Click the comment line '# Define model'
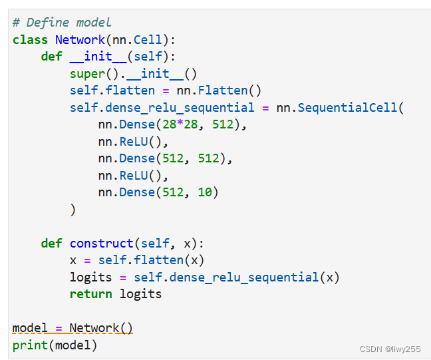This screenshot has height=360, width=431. pyautogui.click(x=62, y=23)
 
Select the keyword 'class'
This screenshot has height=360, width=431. pyautogui.click(x=30, y=40)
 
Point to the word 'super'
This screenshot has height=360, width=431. pyautogui.click(x=87, y=74)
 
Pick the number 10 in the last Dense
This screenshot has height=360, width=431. pyautogui.click(x=204, y=192)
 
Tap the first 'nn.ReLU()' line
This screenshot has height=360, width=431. pyautogui.click(x=133, y=142)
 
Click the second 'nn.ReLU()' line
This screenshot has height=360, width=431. pyautogui.click(x=133, y=176)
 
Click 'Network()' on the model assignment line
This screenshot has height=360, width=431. pyautogui.click(x=101, y=328)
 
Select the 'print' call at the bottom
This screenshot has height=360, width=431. pyautogui.click(x=30, y=345)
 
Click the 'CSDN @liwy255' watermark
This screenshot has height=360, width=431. pyautogui.click(x=390, y=349)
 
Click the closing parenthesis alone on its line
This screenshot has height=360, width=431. pyautogui.click(x=72, y=210)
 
